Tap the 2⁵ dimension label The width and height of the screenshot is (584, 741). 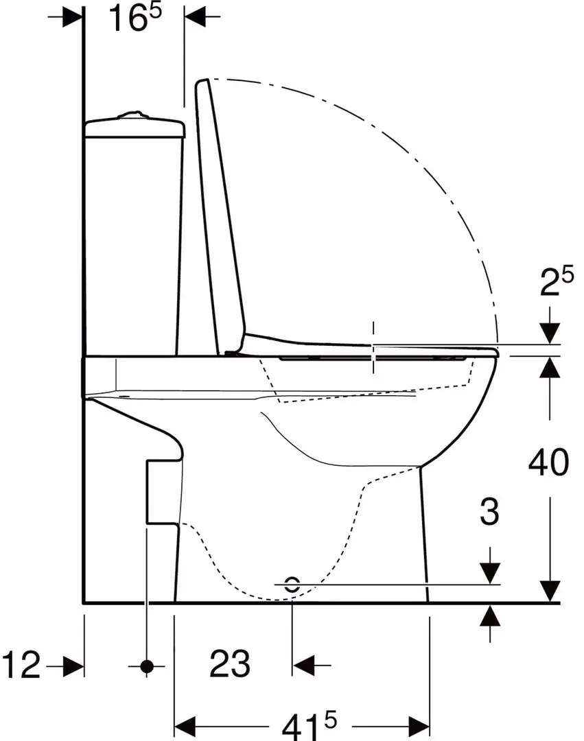coord(557,282)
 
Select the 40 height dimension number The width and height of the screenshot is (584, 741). coord(548,462)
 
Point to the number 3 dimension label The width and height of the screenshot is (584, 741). coord(489,512)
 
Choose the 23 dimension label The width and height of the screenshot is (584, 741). coord(230,663)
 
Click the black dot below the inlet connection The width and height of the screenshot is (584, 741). coord(147,666)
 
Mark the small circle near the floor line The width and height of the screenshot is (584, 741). coord(292,585)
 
